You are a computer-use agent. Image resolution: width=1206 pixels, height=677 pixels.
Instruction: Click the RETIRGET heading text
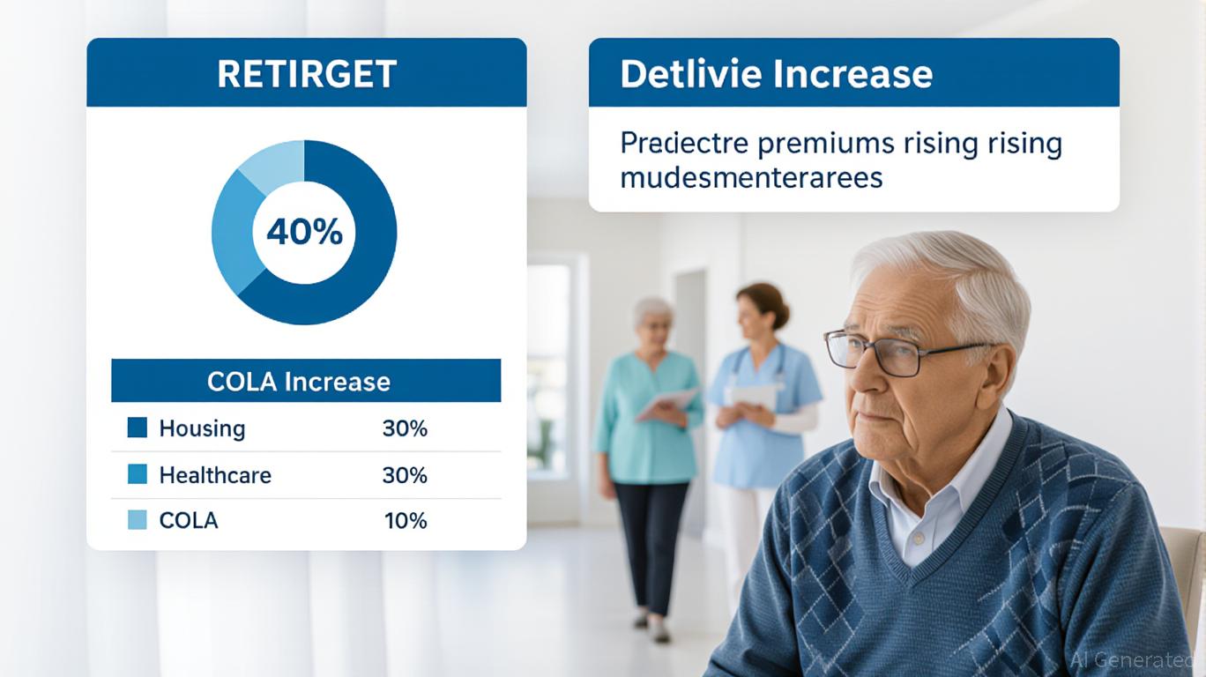[x=307, y=74]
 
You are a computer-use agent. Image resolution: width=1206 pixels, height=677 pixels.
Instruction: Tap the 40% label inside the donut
[x=305, y=232]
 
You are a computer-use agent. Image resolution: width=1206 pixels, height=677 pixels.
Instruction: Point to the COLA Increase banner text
[x=299, y=382]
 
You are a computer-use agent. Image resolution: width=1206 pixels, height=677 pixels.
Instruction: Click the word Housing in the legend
[x=202, y=428]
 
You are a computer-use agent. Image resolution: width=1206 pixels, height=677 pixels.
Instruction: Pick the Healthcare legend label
[x=215, y=475]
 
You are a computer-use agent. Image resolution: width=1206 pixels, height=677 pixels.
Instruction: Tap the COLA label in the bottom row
[x=189, y=520]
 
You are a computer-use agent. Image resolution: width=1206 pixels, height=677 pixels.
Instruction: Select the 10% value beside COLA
[x=406, y=520]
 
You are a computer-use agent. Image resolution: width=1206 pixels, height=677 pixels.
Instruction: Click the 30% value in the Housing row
[x=405, y=428]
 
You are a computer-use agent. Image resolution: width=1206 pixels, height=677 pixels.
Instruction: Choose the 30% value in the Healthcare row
[x=405, y=475]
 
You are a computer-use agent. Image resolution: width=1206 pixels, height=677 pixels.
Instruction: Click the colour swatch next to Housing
[x=138, y=428]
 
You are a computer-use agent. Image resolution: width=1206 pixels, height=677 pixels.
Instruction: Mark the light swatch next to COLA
[x=138, y=520]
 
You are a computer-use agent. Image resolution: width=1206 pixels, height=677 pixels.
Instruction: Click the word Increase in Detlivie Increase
[x=854, y=74]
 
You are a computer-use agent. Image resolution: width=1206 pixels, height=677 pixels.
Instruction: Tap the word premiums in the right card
[x=826, y=145]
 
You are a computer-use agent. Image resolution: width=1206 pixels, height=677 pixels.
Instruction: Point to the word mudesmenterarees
[x=752, y=178]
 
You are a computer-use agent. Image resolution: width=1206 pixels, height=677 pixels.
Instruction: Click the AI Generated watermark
[x=1136, y=658]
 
